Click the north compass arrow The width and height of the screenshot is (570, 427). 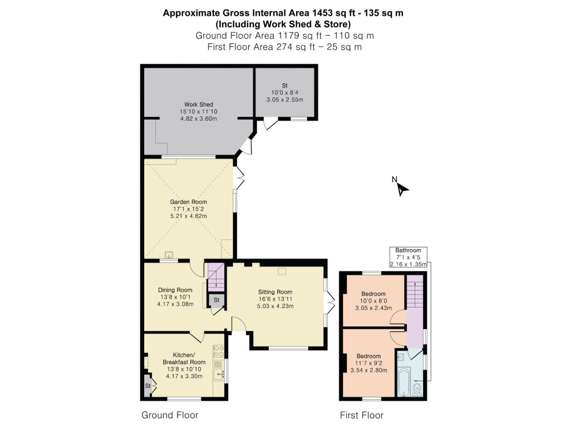pos(402,188)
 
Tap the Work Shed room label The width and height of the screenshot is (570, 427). pos(199,105)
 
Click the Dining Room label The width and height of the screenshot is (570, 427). pos(175,290)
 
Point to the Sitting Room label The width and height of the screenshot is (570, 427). pos(275,292)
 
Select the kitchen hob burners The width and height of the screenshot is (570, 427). pos(218,351)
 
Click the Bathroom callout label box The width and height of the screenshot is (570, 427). pos(408,257)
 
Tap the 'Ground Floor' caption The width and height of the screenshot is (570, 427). pos(170,415)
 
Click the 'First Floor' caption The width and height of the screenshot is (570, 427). pos(361,415)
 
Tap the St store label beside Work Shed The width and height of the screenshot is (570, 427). pos(284,85)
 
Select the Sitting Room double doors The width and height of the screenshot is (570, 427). pos(331,302)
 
